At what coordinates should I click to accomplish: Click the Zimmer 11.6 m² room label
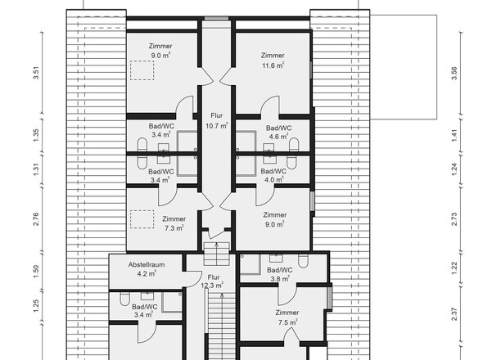click(273, 60)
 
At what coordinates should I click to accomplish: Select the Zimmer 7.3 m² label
click(173, 223)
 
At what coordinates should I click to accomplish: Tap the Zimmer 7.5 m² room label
click(287, 317)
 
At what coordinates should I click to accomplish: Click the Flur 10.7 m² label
click(217, 120)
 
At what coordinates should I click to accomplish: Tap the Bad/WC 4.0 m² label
click(273, 175)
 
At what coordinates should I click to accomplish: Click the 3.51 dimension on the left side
click(37, 71)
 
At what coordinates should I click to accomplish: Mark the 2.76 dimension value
click(37, 218)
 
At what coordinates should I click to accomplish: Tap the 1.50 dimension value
click(37, 272)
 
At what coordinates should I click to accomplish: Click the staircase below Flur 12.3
click(217, 327)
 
